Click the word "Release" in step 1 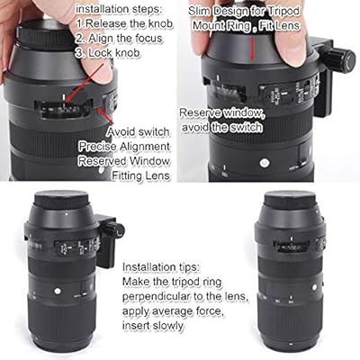click(x=105, y=23)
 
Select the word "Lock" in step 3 click(x=101, y=53)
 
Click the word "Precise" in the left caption click(x=98, y=147)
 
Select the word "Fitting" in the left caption click(x=127, y=175)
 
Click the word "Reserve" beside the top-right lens click(x=200, y=112)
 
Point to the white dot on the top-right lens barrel click(x=265, y=164)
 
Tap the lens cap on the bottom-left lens click(x=61, y=200)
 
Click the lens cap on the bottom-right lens click(x=288, y=200)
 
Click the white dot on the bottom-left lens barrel click(x=57, y=291)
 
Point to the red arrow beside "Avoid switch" click(x=105, y=115)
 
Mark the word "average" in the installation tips click(x=171, y=311)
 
